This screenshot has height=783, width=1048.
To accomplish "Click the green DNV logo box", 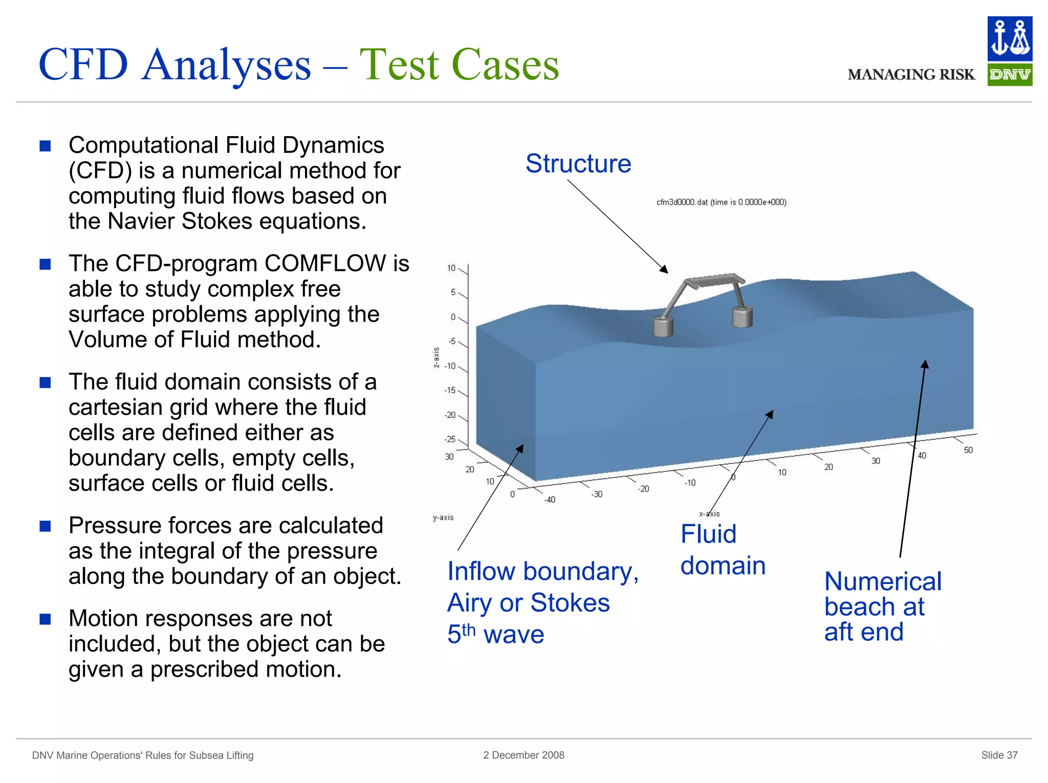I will click(x=1009, y=75).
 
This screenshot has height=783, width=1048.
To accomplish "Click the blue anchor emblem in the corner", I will click(x=1009, y=39).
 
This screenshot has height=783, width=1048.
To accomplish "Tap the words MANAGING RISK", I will click(x=911, y=75).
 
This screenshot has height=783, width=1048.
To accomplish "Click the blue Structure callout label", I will click(x=578, y=164).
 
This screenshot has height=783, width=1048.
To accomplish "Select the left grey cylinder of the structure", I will click(x=663, y=326).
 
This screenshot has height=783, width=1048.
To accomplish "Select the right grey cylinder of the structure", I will click(x=742, y=317).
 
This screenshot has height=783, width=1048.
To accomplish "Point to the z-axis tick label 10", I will click(x=451, y=268).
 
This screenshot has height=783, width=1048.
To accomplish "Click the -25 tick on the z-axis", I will click(x=450, y=439).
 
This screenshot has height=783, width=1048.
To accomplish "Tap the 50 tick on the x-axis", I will click(x=968, y=450).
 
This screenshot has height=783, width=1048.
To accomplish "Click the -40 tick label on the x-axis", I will click(x=550, y=500).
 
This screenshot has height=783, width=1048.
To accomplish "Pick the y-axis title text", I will click(x=443, y=518).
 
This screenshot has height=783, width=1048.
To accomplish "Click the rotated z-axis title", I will click(x=436, y=357).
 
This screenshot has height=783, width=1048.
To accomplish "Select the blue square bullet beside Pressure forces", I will click(x=46, y=526).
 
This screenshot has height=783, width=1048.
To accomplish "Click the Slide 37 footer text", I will click(x=999, y=755).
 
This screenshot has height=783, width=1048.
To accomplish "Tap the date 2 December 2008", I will click(x=523, y=755).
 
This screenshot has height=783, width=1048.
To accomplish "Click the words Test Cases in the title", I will click(x=459, y=65).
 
